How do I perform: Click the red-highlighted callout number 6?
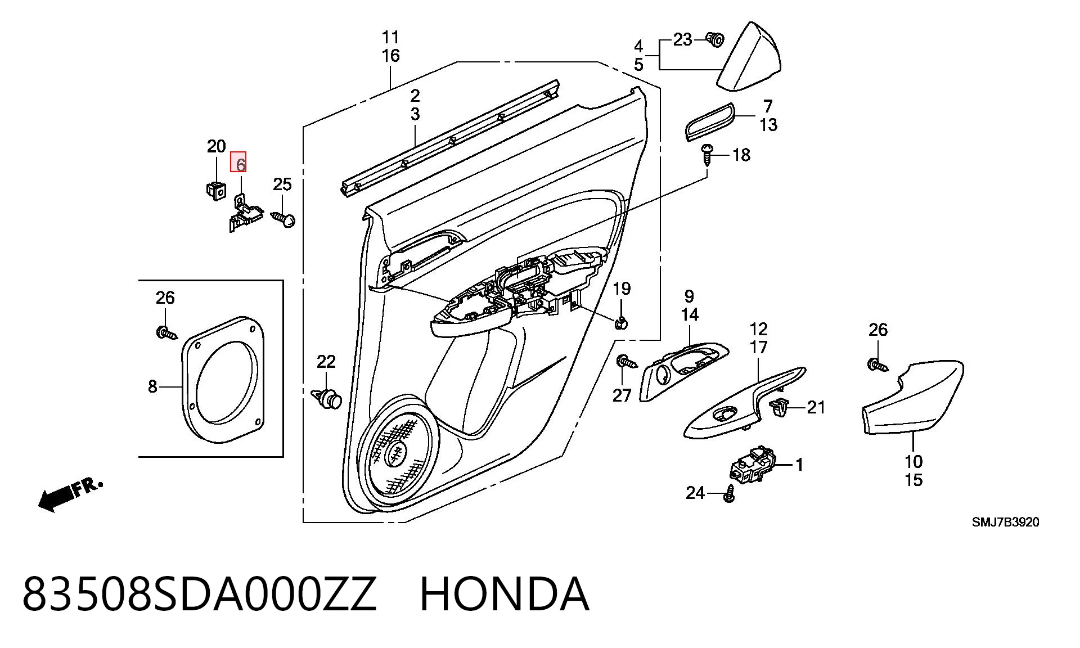(x=240, y=164)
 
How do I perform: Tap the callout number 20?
(x=217, y=146)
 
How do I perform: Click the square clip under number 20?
(x=215, y=189)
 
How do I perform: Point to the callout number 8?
(x=152, y=386)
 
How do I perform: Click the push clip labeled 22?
(x=327, y=397)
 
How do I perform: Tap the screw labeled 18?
(x=707, y=152)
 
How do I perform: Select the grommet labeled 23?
(x=715, y=39)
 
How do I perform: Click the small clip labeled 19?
(x=621, y=323)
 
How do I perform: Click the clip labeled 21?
(x=779, y=406)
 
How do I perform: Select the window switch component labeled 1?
(x=752, y=465)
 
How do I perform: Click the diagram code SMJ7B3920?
(x=1005, y=522)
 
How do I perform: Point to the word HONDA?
(x=504, y=595)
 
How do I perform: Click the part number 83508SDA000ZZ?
(x=199, y=595)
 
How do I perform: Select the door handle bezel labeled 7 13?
(x=710, y=121)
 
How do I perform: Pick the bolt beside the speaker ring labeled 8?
(x=166, y=333)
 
